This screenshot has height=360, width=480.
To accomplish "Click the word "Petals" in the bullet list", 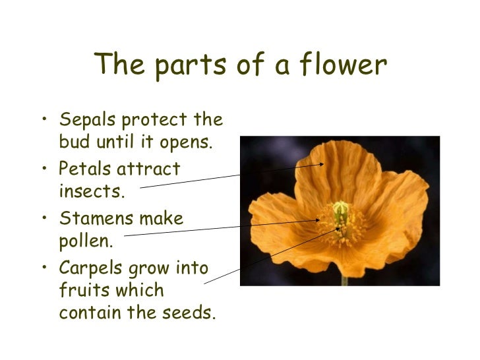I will click(x=84, y=169).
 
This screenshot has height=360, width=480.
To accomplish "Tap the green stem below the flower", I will click(x=344, y=280).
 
